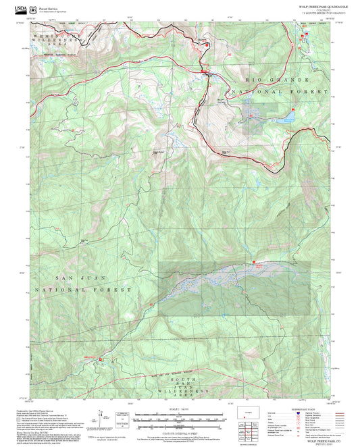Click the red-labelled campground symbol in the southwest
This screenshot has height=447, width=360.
101,359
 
